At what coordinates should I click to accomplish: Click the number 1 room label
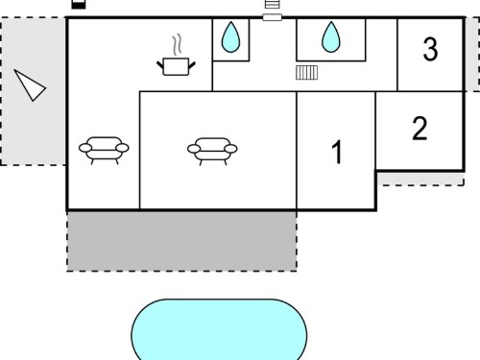pyautogui.click(x=337, y=153)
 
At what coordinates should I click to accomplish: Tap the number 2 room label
pyautogui.click(x=420, y=129)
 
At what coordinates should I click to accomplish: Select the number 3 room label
pyautogui.click(x=430, y=49)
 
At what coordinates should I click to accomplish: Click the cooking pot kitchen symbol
pyautogui.click(x=176, y=66)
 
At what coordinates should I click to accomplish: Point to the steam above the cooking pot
pyautogui.click(x=177, y=45)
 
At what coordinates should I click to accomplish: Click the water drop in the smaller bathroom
pyautogui.click(x=230, y=36)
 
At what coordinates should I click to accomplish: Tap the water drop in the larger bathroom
pyautogui.click(x=331, y=36)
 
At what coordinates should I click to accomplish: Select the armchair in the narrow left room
pyautogui.click(x=104, y=151)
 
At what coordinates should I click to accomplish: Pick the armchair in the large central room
pyautogui.click(x=212, y=151)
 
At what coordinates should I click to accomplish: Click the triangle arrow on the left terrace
pyautogui.click(x=30, y=85)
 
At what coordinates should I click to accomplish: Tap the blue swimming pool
pyautogui.click(x=219, y=329)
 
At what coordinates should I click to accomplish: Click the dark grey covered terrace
pyautogui.click(x=181, y=241)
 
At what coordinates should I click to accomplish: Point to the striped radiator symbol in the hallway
pyautogui.click(x=307, y=72)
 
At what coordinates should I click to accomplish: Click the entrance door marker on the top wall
pyautogui.click(x=273, y=17)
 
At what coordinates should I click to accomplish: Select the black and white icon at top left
pyautogui.click(x=79, y=4)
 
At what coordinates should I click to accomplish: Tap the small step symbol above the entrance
pyautogui.click(x=273, y=4)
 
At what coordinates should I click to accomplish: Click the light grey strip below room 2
pyautogui.click(x=420, y=179)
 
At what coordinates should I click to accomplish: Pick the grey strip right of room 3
pyautogui.click(x=472, y=54)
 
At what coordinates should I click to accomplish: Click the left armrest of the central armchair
pyautogui.click(x=194, y=149)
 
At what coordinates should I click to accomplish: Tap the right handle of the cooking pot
pyautogui.click(x=192, y=65)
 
